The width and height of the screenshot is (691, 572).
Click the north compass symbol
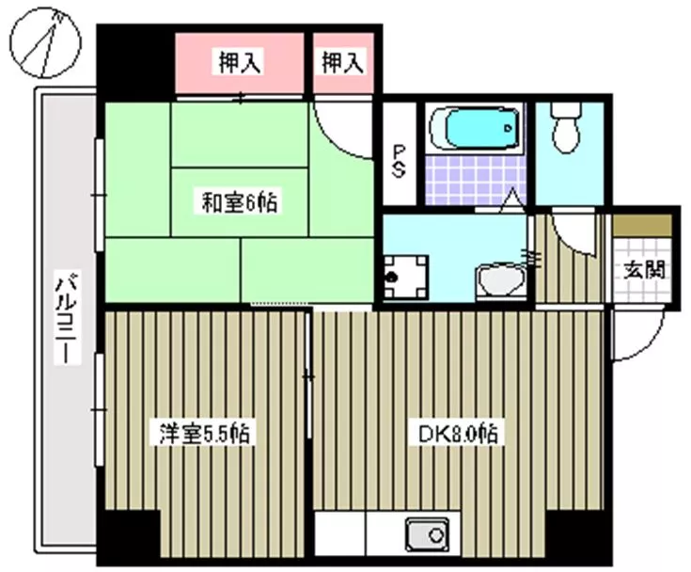[x=46, y=43]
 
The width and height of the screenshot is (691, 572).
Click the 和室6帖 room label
[x=240, y=203]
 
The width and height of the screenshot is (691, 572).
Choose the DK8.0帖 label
[x=459, y=434]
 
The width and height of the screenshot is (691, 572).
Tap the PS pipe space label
[x=399, y=162]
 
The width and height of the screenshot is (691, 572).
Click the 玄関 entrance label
[x=644, y=269]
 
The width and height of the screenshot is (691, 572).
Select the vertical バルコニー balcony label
[x=68, y=317]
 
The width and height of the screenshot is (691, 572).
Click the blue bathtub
[x=477, y=128]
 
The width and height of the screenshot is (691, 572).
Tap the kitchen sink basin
[x=428, y=534]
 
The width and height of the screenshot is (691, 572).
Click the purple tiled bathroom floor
[x=475, y=179]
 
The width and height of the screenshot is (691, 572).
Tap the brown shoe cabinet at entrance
[x=642, y=225]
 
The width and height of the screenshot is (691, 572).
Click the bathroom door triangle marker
[x=511, y=199]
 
